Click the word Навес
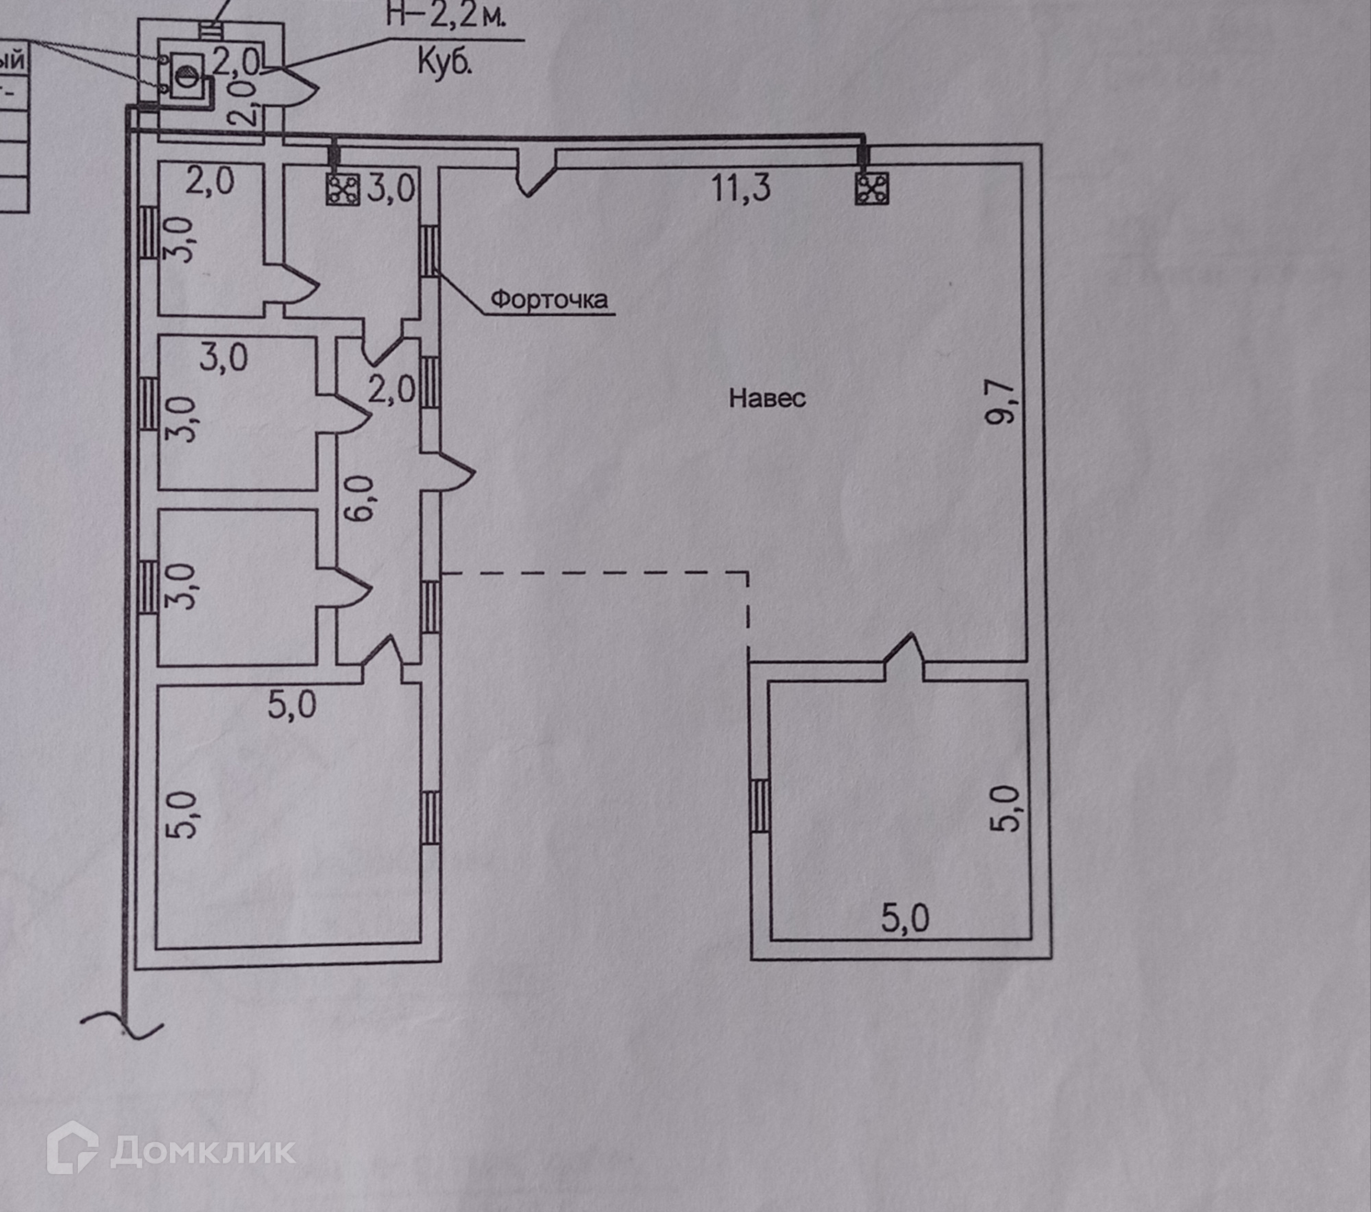pyautogui.click(x=767, y=398)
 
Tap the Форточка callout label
pyautogui.click(x=549, y=299)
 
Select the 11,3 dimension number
pyautogui.click(x=740, y=188)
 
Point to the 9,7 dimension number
pyautogui.click(x=1000, y=402)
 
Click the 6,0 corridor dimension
pyautogui.click(x=362, y=498)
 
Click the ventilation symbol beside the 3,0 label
pyautogui.click(x=343, y=189)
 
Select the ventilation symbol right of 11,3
pyautogui.click(x=872, y=189)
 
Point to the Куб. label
pyautogui.click(x=445, y=64)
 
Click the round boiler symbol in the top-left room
pyautogui.click(x=184, y=74)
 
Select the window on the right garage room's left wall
pyautogui.click(x=760, y=805)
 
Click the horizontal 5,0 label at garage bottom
pyautogui.click(x=905, y=918)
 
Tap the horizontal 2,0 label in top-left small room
pyautogui.click(x=210, y=181)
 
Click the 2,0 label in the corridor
pyautogui.click(x=391, y=390)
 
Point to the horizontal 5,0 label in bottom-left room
pyautogui.click(x=292, y=705)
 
